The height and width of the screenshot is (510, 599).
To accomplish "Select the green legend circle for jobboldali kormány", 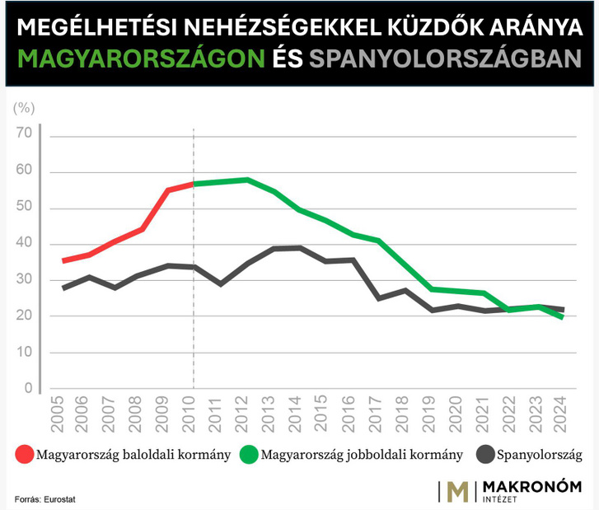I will tap(249, 455).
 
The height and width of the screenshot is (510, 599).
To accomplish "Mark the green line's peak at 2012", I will tap(246, 180).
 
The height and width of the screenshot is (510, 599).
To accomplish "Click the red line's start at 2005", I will tap(63, 260).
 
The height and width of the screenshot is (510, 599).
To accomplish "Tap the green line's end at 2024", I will tap(563, 317).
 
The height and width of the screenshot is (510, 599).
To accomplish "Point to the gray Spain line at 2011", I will tap(220, 284).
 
